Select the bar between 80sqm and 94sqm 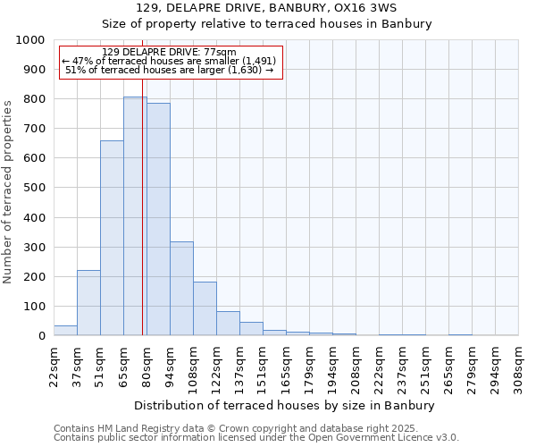point(158,219)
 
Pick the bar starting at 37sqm point(88,302)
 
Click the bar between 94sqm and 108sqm point(181,288)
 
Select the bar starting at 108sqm point(205,308)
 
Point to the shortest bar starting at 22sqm point(65,330)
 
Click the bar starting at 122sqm point(228,323)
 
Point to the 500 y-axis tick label point(33,188)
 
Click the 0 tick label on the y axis point(41,336)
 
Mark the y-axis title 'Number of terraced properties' point(8,191)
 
